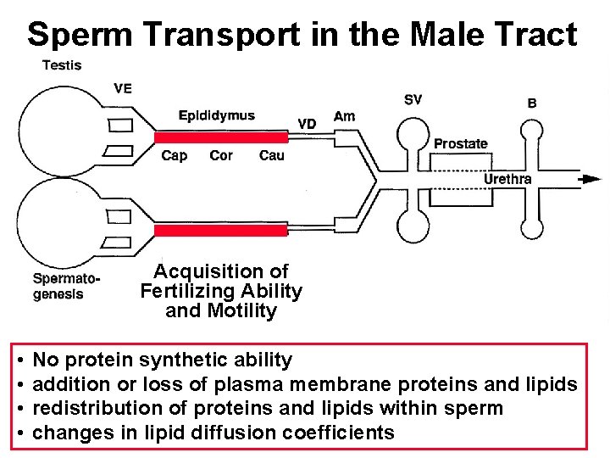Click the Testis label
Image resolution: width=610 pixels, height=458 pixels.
tap(63, 65)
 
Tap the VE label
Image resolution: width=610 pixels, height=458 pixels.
tap(123, 87)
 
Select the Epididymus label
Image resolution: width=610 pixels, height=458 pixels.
tap(216, 116)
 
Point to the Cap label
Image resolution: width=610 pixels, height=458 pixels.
tap(174, 155)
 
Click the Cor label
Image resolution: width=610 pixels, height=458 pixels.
tap(221, 155)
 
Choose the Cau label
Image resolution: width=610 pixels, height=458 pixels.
tap(271, 155)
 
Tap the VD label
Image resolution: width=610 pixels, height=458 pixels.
tap(307, 124)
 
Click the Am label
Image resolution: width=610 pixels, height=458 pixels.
tap(345, 116)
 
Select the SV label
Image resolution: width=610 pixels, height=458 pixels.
tap(412, 99)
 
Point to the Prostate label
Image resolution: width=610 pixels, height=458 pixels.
tap(460, 143)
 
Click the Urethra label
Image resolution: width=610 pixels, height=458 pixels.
tap(507, 178)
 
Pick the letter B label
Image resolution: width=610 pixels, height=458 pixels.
tap(532, 103)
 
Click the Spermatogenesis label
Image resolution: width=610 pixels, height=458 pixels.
tap(66, 286)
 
